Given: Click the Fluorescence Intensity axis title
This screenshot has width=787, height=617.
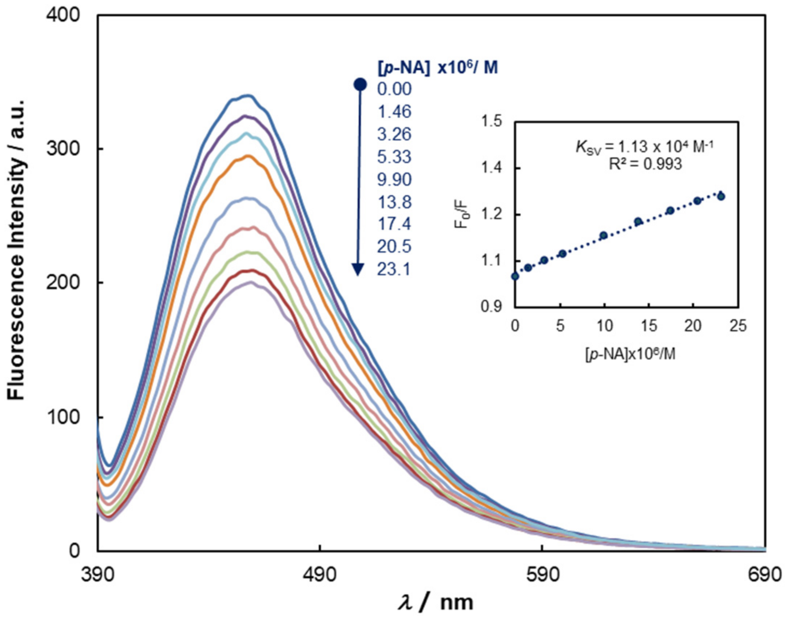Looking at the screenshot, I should pos(16,249).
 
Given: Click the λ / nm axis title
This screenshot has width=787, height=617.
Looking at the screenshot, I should pos(435,602).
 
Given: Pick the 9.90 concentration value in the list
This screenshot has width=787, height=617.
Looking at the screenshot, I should pos(394,180).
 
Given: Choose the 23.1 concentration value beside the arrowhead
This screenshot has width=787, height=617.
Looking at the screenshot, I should pos(393,269).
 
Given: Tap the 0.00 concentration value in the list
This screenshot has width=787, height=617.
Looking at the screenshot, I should pos(394,89).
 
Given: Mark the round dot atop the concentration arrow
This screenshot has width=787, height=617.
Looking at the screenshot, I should pos(360,84).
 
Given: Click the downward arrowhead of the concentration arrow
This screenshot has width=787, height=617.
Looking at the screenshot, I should pos(358,269).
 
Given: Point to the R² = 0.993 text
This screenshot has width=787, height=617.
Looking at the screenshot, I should pos(645,164).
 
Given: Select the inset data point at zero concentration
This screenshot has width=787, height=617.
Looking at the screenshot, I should pos(515,276).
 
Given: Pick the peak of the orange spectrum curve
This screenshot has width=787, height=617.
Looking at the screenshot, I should pos(248,156).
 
